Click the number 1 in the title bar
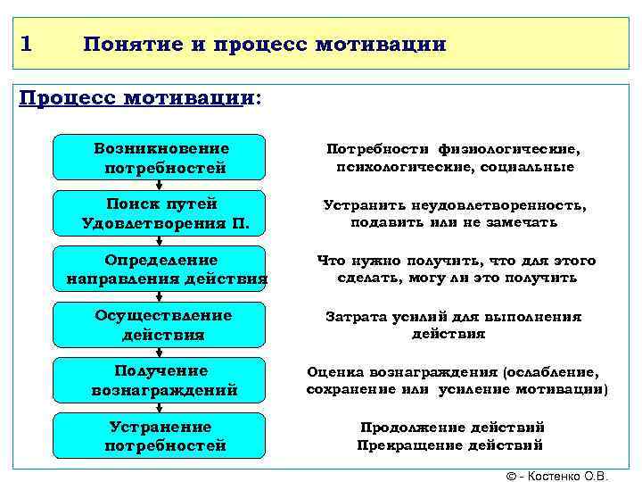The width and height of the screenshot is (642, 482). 27,43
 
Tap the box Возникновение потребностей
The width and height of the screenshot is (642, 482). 160,157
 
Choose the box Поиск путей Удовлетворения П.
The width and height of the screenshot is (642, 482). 160,212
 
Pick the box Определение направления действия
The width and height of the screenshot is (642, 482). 160,269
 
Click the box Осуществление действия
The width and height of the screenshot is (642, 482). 160,324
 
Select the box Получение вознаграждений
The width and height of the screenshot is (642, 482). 160,380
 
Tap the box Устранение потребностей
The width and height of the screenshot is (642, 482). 160,436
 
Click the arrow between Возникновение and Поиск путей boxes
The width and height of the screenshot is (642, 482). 160,185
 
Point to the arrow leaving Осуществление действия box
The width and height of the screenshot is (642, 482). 160,352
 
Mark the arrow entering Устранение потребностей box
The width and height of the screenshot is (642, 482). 160,408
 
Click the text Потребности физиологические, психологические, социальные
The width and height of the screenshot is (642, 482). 455,157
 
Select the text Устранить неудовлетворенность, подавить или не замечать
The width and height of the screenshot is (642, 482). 455,212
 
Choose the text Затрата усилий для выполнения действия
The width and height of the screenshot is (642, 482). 454,324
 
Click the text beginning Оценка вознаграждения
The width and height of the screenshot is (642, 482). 457,380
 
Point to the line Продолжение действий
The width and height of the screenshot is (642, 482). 452,427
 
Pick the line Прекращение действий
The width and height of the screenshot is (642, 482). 450,445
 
